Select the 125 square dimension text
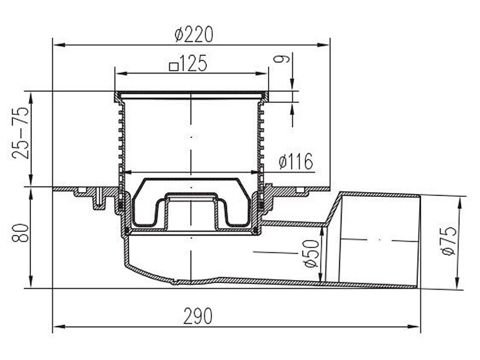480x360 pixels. click(x=188, y=64)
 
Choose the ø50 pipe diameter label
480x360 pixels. click(x=312, y=253)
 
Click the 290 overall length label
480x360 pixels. click(x=198, y=316)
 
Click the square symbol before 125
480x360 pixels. click(x=174, y=66)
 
